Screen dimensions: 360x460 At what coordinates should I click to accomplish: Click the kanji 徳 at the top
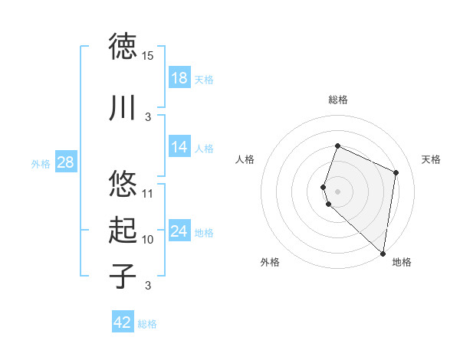point(123,46)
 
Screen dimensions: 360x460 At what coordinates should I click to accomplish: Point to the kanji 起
point(123,229)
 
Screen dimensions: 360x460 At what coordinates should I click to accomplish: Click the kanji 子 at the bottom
point(123,275)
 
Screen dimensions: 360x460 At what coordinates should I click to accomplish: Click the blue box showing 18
point(179,78)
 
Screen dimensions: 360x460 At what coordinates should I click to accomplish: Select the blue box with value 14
point(179,147)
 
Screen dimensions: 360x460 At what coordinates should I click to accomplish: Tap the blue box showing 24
point(179,231)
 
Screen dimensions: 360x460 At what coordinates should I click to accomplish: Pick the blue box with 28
point(65,162)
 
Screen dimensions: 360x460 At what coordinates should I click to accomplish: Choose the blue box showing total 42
point(123,322)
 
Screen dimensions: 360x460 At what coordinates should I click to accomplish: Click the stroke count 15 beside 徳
point(148,56)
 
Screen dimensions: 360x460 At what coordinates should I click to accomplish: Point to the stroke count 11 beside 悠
point(148,194)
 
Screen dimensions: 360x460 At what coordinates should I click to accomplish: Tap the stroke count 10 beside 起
point(148,240)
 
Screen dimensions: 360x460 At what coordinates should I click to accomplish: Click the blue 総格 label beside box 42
point(147,324)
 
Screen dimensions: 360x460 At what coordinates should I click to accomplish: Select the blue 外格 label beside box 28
point(41,163)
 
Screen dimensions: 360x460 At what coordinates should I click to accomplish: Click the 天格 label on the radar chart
point(431,159)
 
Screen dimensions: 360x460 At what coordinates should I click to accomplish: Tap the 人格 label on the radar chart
point(245,159)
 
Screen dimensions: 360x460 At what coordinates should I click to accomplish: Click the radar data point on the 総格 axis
point(337,146)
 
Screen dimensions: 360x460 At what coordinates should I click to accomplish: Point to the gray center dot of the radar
point(337,191)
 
